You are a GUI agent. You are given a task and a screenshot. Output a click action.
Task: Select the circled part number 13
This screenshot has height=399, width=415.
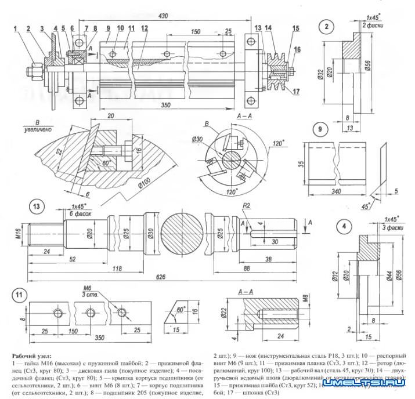[37, 206]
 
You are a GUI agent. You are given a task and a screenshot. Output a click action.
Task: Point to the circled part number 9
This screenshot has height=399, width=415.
[319, 129]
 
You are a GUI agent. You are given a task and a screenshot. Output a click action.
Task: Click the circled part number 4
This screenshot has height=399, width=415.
[345, 226]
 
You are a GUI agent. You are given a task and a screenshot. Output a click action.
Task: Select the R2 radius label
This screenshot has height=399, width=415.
[247, 205]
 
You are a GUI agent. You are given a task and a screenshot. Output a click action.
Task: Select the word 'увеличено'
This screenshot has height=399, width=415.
[37, 130]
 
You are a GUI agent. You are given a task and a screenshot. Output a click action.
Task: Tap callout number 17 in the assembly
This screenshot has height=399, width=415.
[296, 89]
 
